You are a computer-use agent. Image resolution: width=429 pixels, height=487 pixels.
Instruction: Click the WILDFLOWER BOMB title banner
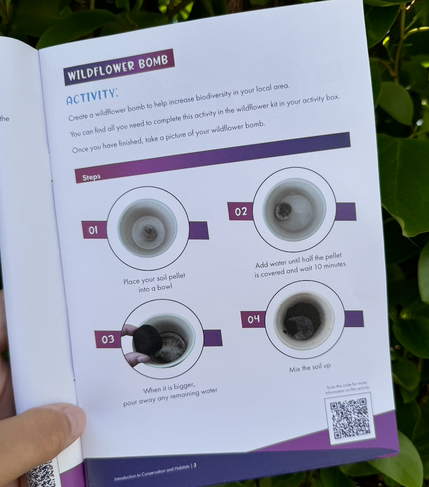(x=119, y=67)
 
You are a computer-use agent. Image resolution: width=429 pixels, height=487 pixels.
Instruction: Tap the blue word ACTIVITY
(x=92, y=97)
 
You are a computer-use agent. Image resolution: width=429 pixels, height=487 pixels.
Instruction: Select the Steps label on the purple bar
(x=91, y=177)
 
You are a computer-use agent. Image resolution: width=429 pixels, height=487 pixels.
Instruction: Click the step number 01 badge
(x=93, y=230)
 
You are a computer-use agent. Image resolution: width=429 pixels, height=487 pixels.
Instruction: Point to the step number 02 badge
(x=241, y=212)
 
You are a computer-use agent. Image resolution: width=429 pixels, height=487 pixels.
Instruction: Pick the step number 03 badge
(x=108, y=339)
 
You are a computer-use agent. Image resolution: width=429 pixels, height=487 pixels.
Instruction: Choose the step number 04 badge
(x=253, y=319)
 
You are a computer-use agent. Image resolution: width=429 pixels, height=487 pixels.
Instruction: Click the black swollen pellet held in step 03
(x=147, y=340)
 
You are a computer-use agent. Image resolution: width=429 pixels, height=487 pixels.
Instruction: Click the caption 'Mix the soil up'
(x=310, y=368)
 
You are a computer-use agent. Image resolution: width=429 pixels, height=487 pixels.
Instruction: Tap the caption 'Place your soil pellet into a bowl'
(x=155, y=283)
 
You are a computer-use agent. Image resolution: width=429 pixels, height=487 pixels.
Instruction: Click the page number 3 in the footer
(x=195, y=465)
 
